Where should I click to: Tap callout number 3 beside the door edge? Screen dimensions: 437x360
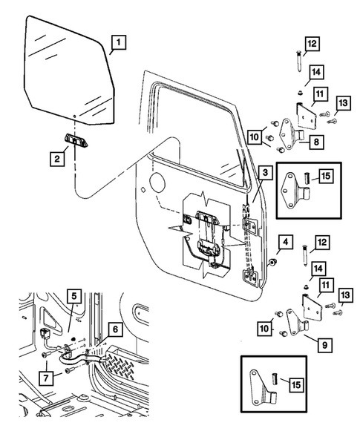[x=265, y=173]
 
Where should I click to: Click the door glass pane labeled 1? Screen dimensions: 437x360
[x=67, y=70]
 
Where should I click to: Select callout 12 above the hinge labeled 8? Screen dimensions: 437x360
[x=311, y=45]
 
